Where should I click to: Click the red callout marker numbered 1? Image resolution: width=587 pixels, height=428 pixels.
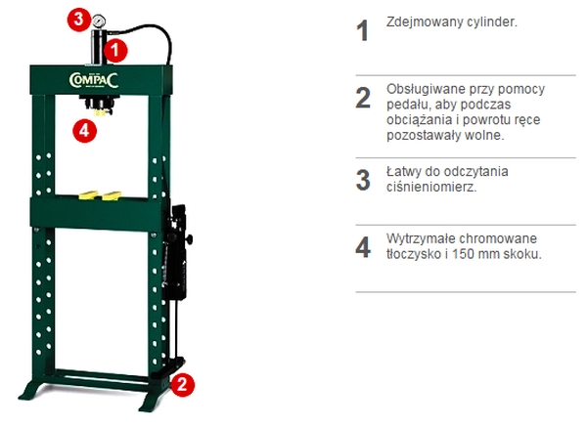pos(115,50)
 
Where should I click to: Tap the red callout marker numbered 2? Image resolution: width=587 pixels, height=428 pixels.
pos(182,384)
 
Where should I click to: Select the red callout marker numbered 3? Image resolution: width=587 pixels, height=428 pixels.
pos(79,20)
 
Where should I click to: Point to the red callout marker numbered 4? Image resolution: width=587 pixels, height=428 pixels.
pos(84,131)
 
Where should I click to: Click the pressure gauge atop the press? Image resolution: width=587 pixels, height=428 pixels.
pos(99,21)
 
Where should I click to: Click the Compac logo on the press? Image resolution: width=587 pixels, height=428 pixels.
pos(94,80)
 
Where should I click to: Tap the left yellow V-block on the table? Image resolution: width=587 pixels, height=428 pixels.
pos(89,194)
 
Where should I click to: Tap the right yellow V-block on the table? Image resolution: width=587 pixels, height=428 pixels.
pos(112,195)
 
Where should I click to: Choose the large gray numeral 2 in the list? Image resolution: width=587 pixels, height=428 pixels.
pos(363,98)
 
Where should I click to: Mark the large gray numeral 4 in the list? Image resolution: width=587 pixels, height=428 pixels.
pos(363,247)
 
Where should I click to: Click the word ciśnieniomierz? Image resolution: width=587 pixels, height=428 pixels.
pos(431,187)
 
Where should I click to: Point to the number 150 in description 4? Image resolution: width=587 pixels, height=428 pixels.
pos(464,254)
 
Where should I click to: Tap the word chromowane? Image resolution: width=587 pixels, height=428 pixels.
pos(498,238)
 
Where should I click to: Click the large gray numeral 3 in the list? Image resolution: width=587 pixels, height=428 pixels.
pos(363,180)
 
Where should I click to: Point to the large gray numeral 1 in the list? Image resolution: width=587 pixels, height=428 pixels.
pos(362,30)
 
